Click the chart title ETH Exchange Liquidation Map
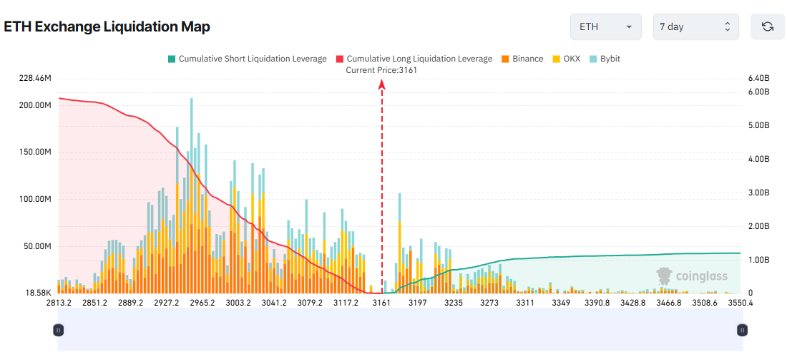coord(107,27)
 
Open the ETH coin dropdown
coord(605,26)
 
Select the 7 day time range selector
coord(695,26)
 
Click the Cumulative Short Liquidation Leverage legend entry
coord(247,59)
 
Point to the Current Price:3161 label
coord(381,70)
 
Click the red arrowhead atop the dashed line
coord(382,84)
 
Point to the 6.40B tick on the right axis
coord(758,77)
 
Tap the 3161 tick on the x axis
coord(381,303)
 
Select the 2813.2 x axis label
coord(59,303)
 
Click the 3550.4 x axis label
coord(740,303)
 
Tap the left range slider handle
coord(59,330)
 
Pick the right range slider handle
coord(743,330)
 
